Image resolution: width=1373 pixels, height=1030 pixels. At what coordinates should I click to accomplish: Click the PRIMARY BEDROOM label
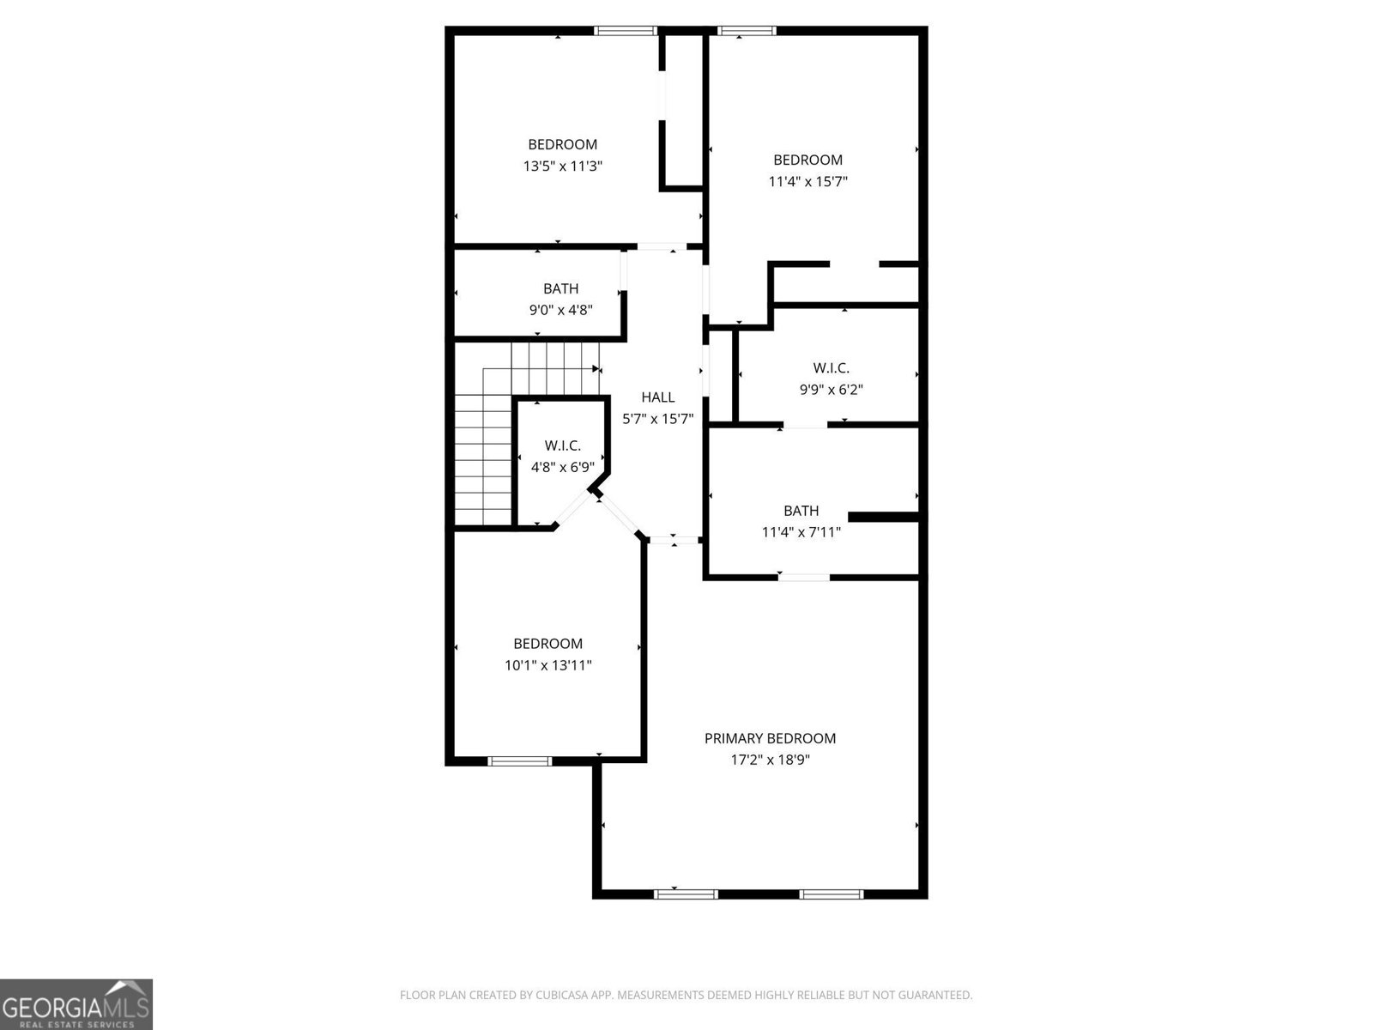click(770, 738)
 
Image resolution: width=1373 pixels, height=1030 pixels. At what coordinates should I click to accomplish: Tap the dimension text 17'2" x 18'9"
click(770, 760)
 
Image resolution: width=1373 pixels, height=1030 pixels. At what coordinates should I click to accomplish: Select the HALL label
click(658, 397)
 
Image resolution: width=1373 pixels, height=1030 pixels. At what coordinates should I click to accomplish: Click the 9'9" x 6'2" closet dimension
click(831, 390)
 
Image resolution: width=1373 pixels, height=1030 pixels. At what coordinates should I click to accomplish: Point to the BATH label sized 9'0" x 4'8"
click(560, 289)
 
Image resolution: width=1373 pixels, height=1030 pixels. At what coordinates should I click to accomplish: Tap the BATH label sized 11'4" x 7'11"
click(801, 511)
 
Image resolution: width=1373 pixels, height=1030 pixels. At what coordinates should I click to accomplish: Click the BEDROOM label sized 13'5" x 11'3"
click(562, 145)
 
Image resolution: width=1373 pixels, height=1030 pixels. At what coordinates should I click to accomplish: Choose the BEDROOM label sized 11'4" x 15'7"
click(807, 160)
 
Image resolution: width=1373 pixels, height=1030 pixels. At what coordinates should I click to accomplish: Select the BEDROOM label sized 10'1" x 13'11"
click(547, 644)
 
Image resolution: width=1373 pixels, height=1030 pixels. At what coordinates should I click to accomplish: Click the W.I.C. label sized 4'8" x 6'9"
click(562, 445)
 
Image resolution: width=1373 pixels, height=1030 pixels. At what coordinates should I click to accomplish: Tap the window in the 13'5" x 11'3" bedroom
click(626, 31)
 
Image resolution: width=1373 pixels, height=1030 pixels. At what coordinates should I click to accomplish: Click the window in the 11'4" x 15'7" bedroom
click(746, 31)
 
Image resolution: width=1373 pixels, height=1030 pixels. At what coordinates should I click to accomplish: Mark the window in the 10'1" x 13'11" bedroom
click(519, 760)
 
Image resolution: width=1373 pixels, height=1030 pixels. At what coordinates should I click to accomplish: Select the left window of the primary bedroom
click(685, 894)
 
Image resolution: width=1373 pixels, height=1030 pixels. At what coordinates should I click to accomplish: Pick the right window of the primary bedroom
click(831, 894)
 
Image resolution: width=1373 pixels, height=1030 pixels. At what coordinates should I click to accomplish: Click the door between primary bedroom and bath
click(804, 577)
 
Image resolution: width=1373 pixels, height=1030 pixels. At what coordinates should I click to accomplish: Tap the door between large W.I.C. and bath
click(805, 424)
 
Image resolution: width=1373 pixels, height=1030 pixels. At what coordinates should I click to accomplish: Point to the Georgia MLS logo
click(76, 1003)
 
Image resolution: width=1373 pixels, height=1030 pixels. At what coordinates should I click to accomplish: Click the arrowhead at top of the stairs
click(596, 368)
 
